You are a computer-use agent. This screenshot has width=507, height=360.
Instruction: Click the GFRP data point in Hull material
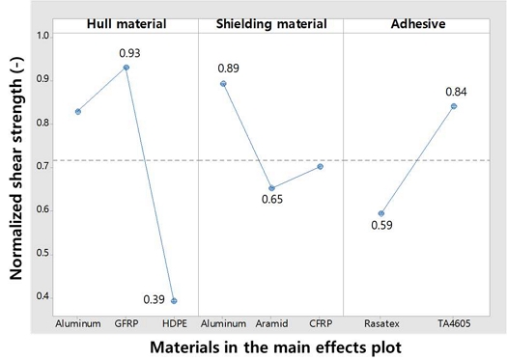(x=127, y=68)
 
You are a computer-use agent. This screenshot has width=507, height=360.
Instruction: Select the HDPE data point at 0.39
(x=174, y=301)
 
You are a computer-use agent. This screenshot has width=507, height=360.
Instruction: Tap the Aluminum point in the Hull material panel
(x=78, y=112)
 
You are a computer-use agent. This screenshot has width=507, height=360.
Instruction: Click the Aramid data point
(x=271, y=188)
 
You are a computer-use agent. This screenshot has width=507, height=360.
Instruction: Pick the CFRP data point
(x=320, y=166)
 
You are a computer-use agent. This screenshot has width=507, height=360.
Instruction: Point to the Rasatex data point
(x=381, y=213)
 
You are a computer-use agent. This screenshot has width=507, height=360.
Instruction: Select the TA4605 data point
(x=454, y=106)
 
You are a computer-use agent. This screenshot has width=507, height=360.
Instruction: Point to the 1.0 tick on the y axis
(x=42, y=35)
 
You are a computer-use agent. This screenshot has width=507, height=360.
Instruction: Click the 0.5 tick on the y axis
(x=42, y=252)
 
